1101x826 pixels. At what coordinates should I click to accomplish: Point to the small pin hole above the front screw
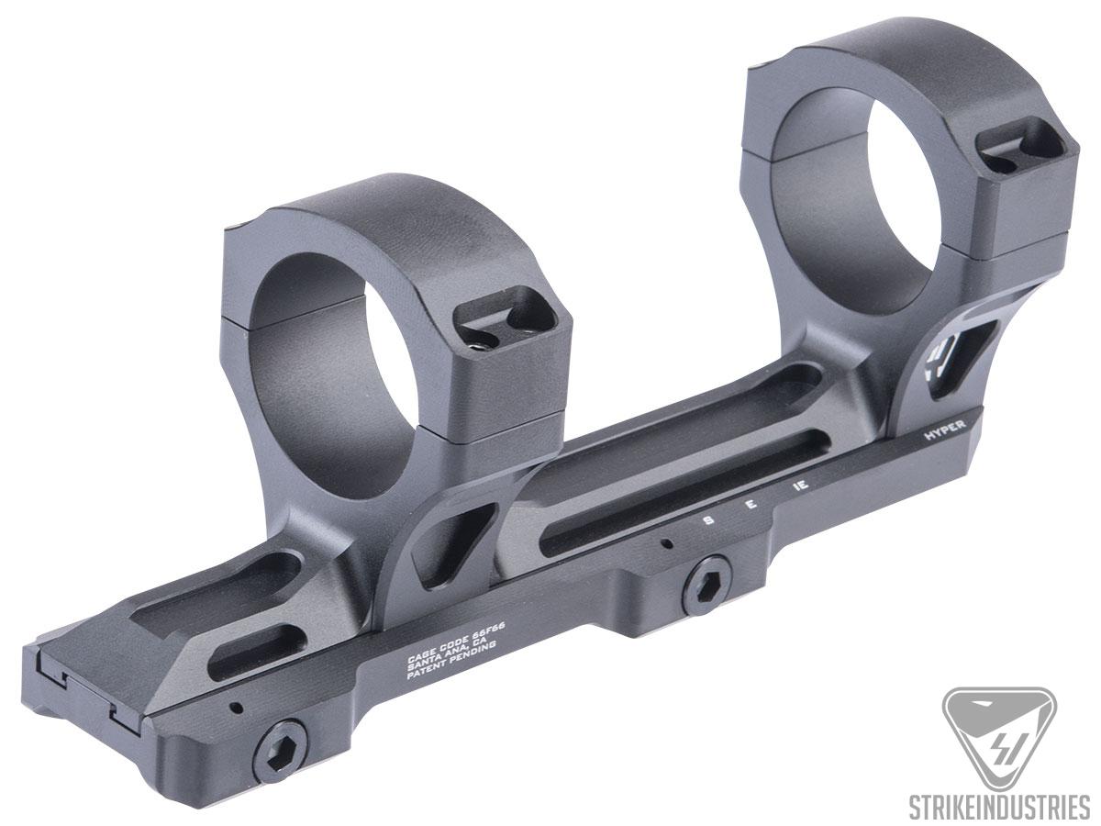tap(238, 708)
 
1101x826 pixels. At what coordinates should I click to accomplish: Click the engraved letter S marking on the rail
tap(707, 519)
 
